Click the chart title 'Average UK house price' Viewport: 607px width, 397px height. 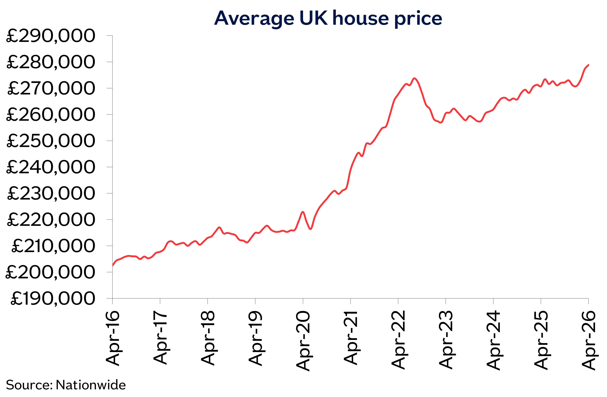click(x=328, y=18)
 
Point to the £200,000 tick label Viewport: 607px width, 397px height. click(x=50, y=272)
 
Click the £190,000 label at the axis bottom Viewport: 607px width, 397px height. click(x=52, y=299)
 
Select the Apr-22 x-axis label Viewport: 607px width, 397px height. click(x=398, y=340)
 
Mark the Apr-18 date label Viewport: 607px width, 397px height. click(x=208, y=338)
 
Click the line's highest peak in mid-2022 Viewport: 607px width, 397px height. click(x=414, y=78)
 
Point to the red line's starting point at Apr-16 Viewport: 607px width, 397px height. click(x=113, y=266)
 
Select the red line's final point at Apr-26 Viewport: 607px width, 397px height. click(x=588, y=65)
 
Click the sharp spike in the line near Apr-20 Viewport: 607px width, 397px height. click(x=303, y=212)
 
